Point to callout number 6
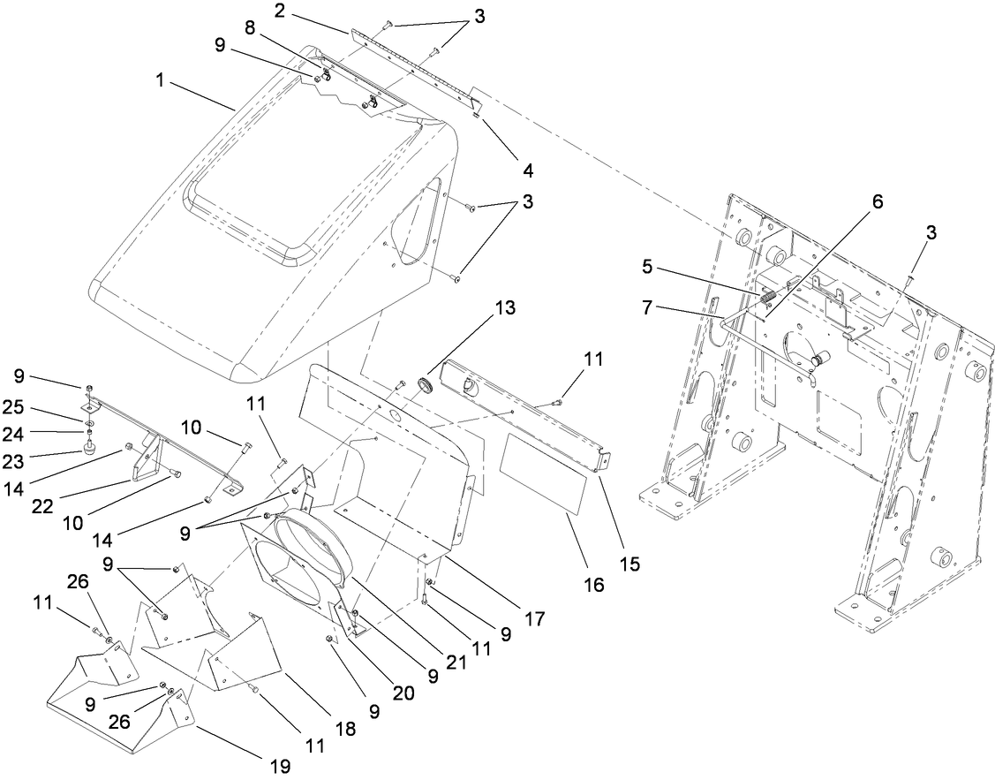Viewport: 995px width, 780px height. coord(853,202)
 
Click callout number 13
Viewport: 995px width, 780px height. coord(504,308)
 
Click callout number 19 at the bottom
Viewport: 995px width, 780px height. coord(280,766)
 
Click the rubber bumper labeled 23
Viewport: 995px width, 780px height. coord(89,449)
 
